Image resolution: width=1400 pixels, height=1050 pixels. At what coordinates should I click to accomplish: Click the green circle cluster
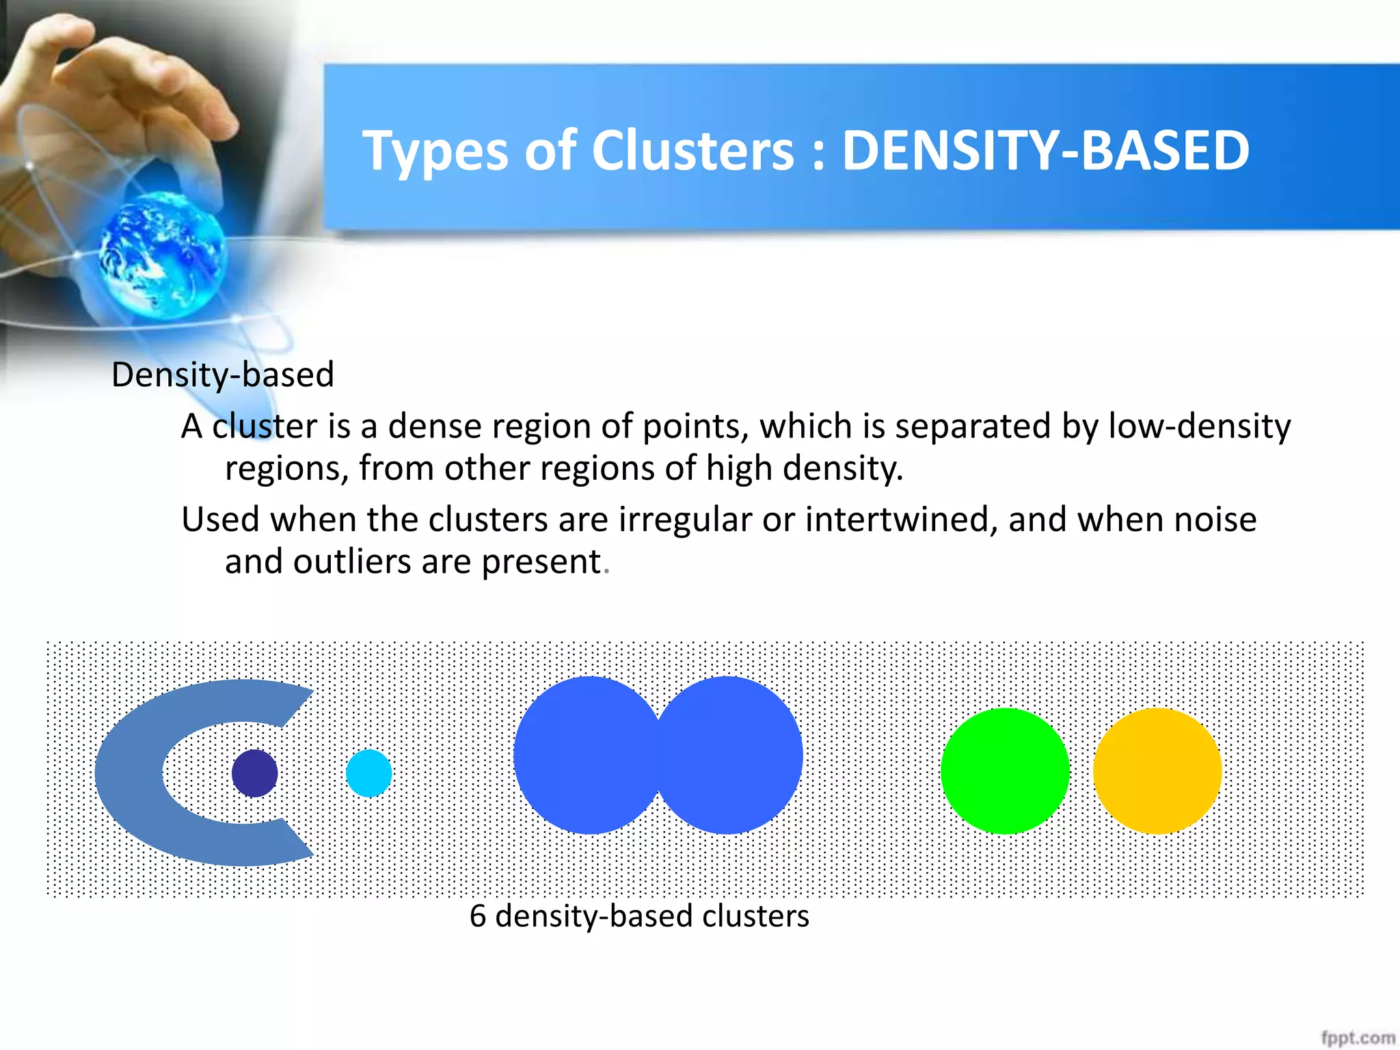tap(1005, 771)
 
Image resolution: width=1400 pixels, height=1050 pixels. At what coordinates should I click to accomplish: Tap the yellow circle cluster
tap(1157, 771)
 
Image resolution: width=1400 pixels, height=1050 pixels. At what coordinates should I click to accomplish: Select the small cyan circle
tap(369, 773)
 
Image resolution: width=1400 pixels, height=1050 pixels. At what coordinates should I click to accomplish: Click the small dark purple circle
tap(255, 773)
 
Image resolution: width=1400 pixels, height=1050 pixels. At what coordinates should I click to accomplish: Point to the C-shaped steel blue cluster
tap(130, 773)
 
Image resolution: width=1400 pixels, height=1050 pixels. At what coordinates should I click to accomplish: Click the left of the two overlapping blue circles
tap(581, 755)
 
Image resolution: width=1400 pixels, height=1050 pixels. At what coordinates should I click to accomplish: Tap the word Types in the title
tap(435, 152)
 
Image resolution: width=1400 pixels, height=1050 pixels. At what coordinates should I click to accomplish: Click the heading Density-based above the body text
tap(223, 375)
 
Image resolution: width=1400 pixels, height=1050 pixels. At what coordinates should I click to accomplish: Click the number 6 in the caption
tap(478, 916)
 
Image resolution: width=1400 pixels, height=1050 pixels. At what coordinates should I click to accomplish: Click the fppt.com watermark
tap(1358, 1038)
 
